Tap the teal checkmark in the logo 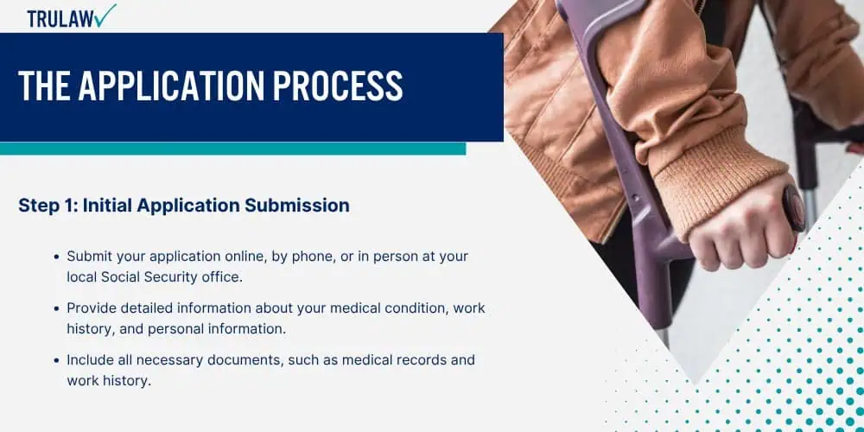click(105, 15)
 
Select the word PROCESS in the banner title click(338, 86)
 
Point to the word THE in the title click(44, 86)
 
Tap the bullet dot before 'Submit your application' click(56, 257)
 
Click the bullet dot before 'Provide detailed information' click(56, 308)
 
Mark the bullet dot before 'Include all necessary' click(56, 360)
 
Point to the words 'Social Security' click(149, 277)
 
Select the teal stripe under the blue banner click(232, 149)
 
